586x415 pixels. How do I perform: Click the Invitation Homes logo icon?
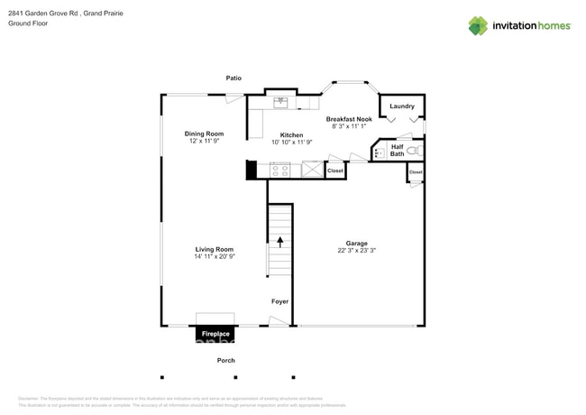point(478,26)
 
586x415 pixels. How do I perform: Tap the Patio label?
point(233,78)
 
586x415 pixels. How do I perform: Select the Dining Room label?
point(204,134)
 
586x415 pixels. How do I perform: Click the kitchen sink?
point(280,102)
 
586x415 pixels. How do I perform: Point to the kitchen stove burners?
point(280,170)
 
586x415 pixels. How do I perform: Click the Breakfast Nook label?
point(349,119)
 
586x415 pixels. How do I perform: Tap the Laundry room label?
point(402,106)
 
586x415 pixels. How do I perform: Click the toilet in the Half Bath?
point(414,151)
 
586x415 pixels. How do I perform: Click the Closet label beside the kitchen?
point(335,171)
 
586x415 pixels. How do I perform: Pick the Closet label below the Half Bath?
point(416,172)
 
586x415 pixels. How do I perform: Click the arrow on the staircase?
point(279,241)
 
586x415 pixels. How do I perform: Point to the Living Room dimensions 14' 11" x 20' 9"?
point(215,257)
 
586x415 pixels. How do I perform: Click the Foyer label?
point(280,301)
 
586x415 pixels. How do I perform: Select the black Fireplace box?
point(215,334)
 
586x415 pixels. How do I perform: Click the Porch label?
point(226,361)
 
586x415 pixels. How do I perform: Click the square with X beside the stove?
point(312,170)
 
